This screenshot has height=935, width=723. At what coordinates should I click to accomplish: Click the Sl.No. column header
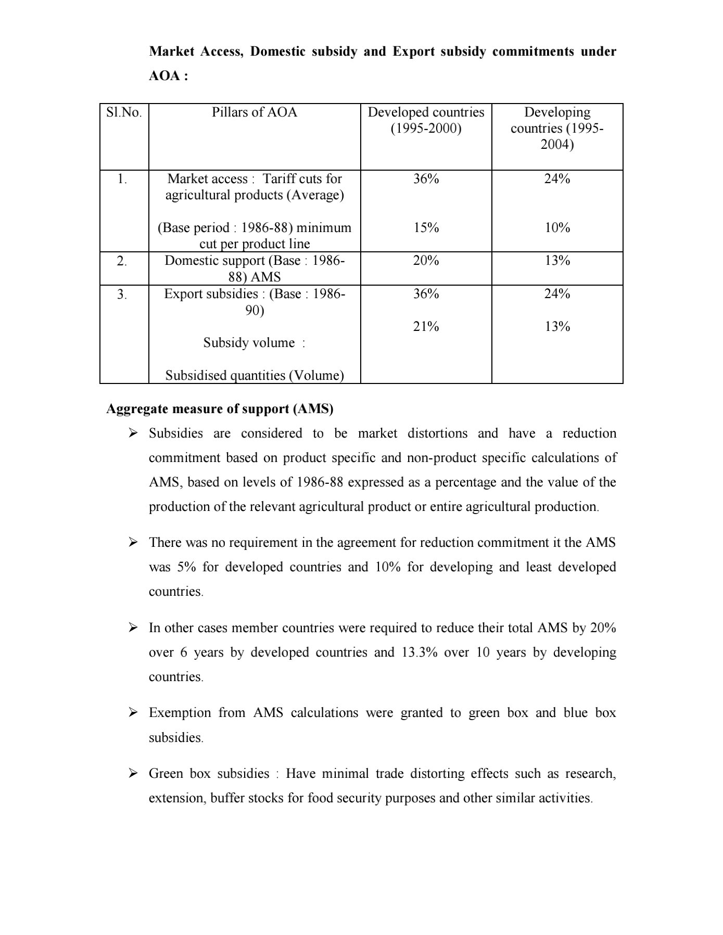click(x=124, y=112)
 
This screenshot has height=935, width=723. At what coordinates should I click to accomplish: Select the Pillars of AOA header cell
click(x=255, y=112)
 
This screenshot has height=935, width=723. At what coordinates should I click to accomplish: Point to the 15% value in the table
click(x=426, y=228)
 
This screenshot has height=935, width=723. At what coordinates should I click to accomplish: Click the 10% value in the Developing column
click(x=557, y=228)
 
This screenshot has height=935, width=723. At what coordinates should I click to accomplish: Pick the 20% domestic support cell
click(x=426, y=261)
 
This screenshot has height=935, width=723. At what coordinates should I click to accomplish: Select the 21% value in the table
click(x=426, y=327)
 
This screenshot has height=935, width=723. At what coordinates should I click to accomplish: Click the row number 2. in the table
click(x=122, y=261)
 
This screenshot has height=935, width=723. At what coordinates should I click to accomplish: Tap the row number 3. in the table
click(x=122, y=294)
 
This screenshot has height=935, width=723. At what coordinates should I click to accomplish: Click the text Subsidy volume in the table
click(x=249, y=343)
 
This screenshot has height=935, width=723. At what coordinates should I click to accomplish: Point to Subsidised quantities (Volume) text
click(x=255, y=376)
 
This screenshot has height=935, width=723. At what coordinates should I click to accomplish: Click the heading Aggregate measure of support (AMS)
click(x=220, y=409)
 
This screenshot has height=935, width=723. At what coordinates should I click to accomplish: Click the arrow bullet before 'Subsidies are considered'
click(x=133, y=433)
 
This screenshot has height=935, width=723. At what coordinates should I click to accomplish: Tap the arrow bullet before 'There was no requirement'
click(x=133, y=542)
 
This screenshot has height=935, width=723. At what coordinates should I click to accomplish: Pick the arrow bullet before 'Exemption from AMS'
click(x=133, y=712)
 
